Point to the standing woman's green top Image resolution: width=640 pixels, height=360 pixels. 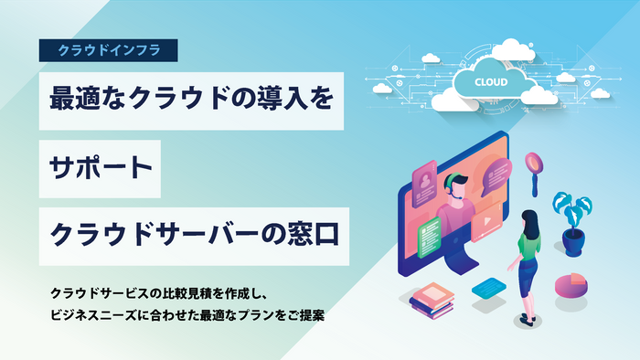[x=525, y=242]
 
